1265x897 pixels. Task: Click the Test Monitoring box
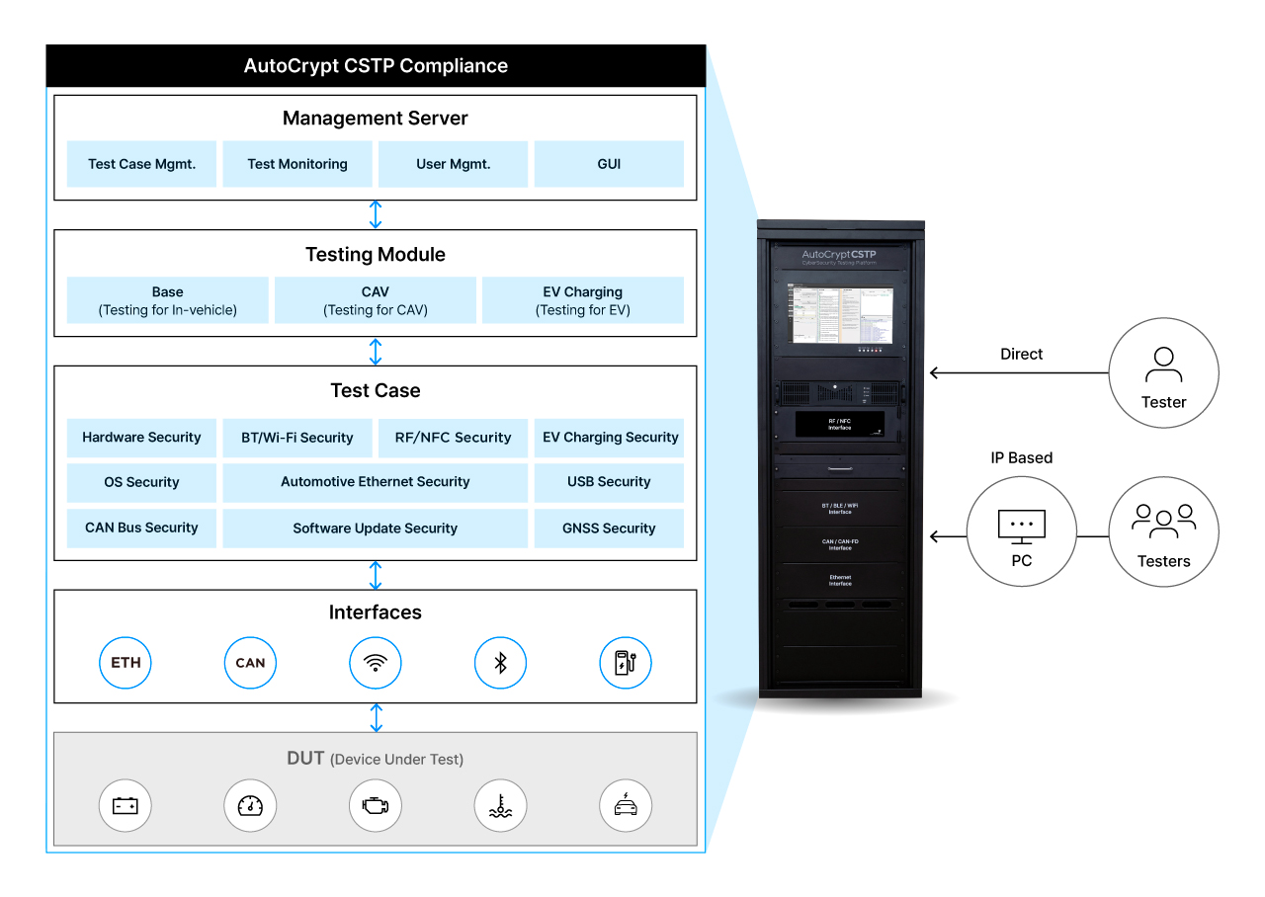(297, 164)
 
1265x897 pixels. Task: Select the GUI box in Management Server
(609, 164)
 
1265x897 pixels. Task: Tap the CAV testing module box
(376, 300)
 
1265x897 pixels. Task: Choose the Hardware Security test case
(141, 438)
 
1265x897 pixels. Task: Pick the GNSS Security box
(609, 529)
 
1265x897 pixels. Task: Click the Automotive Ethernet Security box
(376, 482)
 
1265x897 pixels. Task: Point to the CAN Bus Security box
(141, 529)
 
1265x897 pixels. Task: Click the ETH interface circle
(126, 663)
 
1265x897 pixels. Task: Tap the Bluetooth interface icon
(500, 663)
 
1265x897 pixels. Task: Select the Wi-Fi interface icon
(376, 663)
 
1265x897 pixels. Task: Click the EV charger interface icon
(626, 663)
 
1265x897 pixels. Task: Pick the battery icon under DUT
(126, 806)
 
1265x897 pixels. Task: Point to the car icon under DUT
(626, 806)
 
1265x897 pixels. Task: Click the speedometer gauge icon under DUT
(250, 806)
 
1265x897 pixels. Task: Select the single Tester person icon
(1163, 365)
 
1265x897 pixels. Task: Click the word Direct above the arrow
(1021, 355)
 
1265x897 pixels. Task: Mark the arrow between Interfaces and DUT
(376, 717)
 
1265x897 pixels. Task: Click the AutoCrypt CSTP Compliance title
(376, 66)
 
